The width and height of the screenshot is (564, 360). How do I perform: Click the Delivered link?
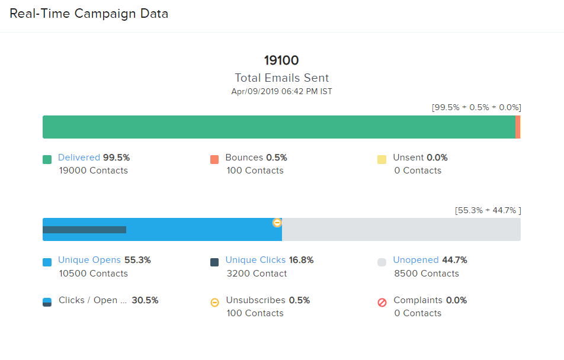(x=79, y=157)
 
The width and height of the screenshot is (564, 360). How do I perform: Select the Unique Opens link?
(x=89, y=260)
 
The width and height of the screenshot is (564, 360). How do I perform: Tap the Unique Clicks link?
(x=255, y=260)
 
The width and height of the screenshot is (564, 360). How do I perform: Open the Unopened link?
(x=416, y=260)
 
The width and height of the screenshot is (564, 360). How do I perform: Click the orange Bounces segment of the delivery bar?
(x=518, y=127)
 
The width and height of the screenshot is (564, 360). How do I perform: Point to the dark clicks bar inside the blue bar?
(x=84, y=230)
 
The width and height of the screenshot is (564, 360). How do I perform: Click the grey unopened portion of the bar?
(x=401, y=230)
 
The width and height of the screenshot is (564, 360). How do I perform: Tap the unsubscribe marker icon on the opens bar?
(x=277, y=223)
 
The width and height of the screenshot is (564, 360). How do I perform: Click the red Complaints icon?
(x=382, y=303)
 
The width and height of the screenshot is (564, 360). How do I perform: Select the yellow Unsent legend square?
(x=382, y=159)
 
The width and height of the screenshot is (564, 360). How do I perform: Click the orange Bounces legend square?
(x=214, y=159)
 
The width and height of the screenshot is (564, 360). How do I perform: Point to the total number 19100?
(x=281, y=60)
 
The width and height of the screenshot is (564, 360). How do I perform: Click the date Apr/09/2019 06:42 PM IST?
(x=281, y=91)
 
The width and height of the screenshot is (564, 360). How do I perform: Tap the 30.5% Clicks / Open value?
(x=145, y=300)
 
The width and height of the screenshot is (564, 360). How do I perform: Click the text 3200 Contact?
(x=257, y=274)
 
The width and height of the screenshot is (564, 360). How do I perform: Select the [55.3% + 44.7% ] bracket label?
(x=488, y=210)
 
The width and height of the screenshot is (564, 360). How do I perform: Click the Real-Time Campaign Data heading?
(x=89, y=14)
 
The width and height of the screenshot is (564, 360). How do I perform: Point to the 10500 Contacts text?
(x=93, y=274)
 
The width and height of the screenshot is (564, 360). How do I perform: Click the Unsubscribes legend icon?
(x=214, y=303)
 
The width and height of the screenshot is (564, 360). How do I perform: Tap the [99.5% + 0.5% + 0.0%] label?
(x=476, y=107)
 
